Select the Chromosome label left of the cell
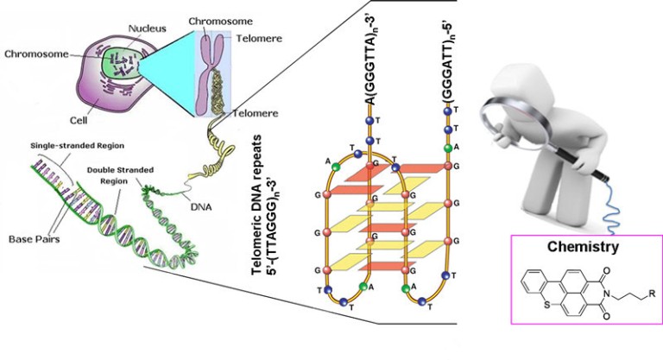tap(34, 54)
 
